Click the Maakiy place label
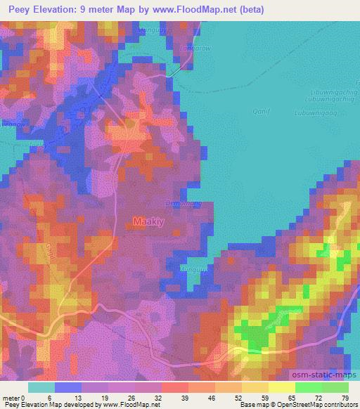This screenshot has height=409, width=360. click(x=148, y=222)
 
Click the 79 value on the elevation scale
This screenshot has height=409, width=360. click(x=344, y=397)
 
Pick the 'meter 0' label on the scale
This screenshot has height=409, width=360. click(x=13, y=397)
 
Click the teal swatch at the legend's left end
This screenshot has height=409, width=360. click(x=41, y=387)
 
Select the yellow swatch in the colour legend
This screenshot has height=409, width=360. click(x=282, y=387)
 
